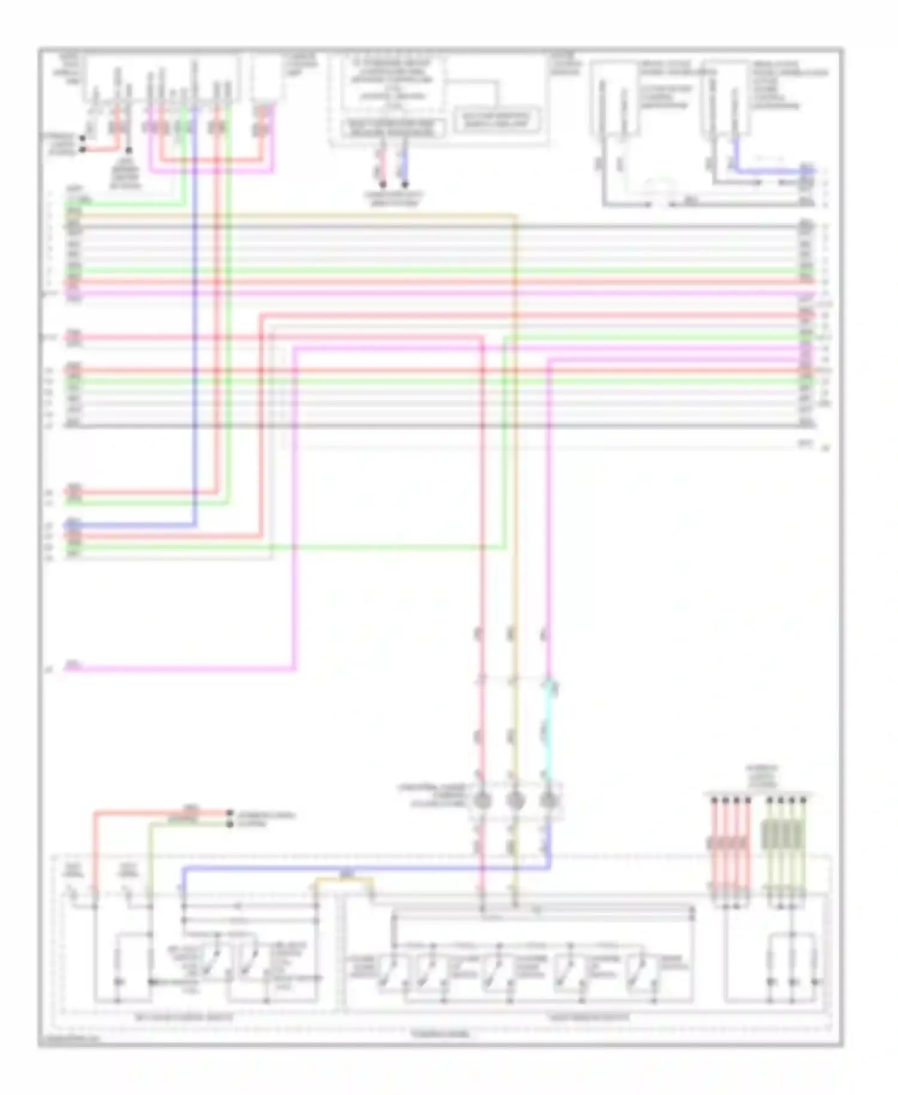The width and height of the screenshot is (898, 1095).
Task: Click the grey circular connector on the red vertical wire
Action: tap(483, 800)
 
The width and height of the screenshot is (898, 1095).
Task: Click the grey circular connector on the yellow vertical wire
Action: tap(515, 800)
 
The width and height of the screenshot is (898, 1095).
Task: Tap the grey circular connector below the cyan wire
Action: tap(548, 800)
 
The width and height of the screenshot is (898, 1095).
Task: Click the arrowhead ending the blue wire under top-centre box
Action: tap(405, 184)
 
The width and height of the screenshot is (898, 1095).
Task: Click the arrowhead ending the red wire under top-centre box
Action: tap(383, 184)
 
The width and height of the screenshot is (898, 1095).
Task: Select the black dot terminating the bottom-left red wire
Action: tap(229, 813)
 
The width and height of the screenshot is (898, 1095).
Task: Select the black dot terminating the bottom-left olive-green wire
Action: tap(229, 824)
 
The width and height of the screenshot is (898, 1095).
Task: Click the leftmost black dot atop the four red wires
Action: tap(714, 800)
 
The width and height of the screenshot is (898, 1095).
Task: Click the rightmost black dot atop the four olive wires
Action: tap(803, 800)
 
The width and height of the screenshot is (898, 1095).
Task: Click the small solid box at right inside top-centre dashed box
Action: tap(495, 120)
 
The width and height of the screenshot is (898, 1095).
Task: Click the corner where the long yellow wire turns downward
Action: tap(515, 215)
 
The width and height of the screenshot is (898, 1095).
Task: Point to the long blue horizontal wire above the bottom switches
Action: tap(359, 868)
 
